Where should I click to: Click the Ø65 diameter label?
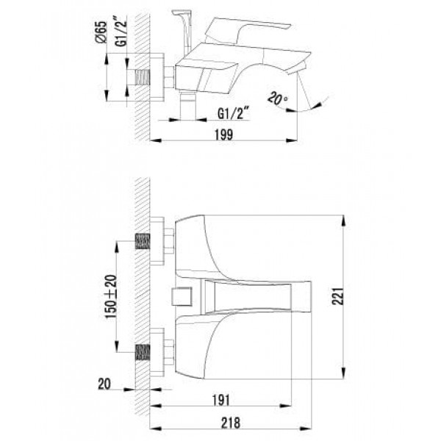pyautogui.click(x=101, y=32)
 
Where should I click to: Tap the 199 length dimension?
pyautogui.click(x=224, y=135)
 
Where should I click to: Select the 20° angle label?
pyautogui.click(x=277, y=98)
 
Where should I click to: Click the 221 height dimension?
pyautogui.click(x=338, y=296)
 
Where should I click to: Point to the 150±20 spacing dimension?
pyautogui.click(x=110, y=297)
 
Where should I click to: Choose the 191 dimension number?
pyautogui.click(x=221, y=401)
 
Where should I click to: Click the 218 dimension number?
pyautogui.click(x=231, y=423)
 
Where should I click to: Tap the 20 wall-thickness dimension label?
pyautogui.click(x=104, y=384)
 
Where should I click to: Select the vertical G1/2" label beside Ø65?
pyautogui.click(x=121, y=32)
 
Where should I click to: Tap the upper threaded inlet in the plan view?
pyautogui.click(x=143, y=241)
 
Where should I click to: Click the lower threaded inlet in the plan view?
pyautogui.click(x=143, y=352)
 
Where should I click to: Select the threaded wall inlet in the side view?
pyautogui.click(x=143, y=77)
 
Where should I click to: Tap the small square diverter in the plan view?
pyautogui.click(x=182, y=296)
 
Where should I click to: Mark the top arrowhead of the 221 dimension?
pyautogui.click(x=344, y=220)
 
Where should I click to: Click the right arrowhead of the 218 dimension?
pyautogui.click(x=306, y=429)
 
